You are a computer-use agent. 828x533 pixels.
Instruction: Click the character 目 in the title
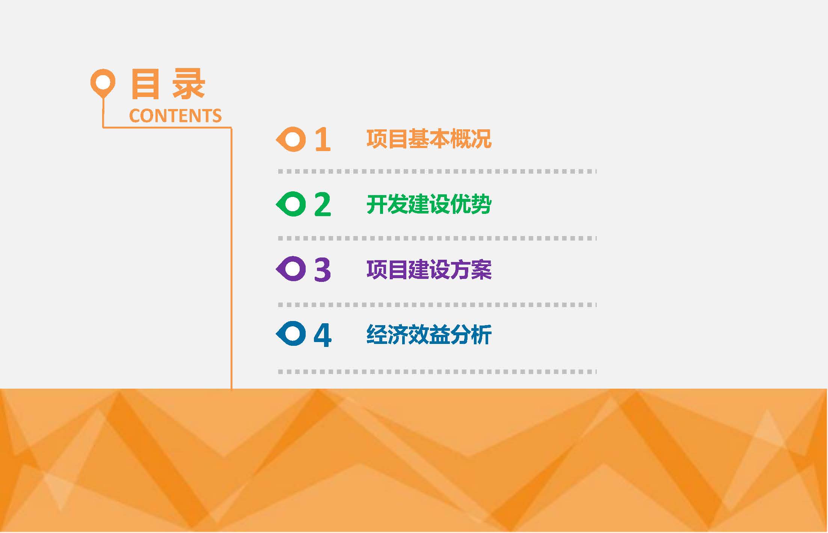coord(145,84)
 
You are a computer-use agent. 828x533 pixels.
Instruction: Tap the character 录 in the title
coord(189,84)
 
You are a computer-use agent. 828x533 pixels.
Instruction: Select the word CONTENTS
coord(175,116)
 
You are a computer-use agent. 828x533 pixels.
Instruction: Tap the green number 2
coord(323,204)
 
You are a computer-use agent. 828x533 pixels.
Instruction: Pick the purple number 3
coord(323,269)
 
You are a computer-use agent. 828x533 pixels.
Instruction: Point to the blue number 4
coord(323,334)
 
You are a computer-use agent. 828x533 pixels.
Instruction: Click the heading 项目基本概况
coord(429,139)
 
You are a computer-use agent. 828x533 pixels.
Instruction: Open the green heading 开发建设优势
coord(429,204)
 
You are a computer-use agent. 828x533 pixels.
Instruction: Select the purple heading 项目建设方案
coord(429,269)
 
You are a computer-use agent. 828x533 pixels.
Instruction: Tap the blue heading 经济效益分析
coord(429,334)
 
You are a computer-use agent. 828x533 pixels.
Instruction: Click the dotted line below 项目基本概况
coord(437,171)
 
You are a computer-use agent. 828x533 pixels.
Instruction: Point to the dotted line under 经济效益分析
coord(437,372)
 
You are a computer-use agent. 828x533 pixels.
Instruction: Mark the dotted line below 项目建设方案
coord(437,305)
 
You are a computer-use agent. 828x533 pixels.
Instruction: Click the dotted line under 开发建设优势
coord(437,238)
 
